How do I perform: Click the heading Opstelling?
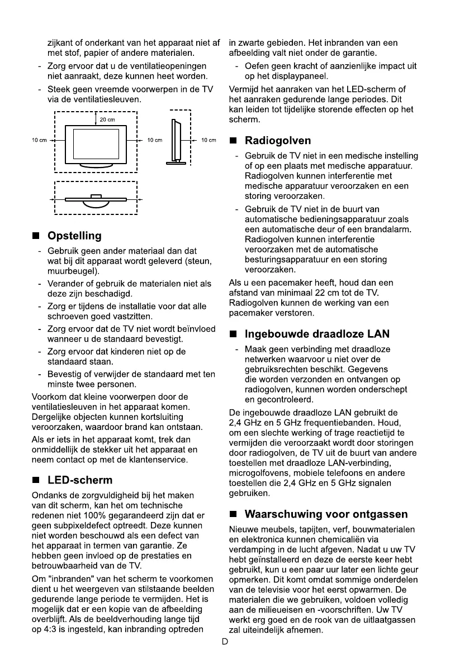tap(74, 236)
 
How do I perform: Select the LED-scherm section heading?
tap(80, 480)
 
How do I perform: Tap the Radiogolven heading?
tap(278, 141)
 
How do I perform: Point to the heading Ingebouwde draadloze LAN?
tap(317, 334)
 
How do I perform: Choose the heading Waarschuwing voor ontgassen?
tap(326, 514)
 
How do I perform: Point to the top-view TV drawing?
tap(96, 199)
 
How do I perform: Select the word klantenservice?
tap(158, 460)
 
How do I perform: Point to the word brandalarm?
tap(390, 230)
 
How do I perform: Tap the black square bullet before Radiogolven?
tap(234, 141)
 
